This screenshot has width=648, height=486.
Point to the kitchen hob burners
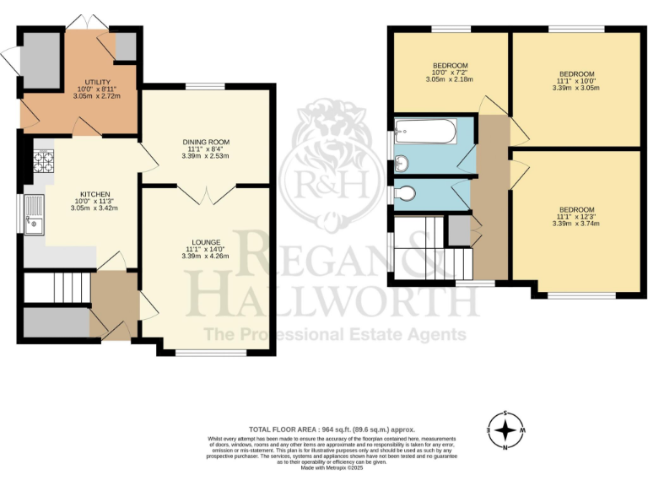tap(44, 160)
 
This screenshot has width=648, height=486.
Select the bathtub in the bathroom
tap(426, 132)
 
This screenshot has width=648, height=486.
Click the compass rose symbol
tap(505, 431)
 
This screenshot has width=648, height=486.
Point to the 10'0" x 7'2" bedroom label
tap(451, 73)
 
